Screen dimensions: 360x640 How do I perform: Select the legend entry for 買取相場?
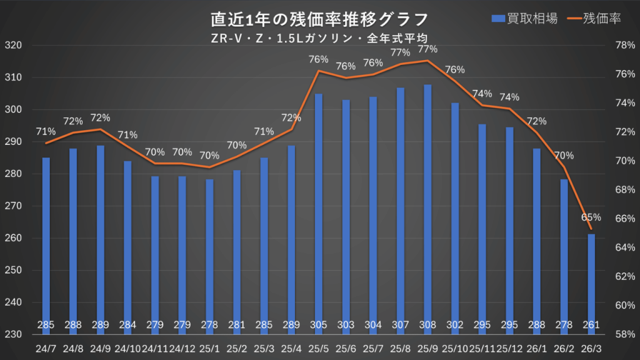pyautogui.click(x=524, y=19)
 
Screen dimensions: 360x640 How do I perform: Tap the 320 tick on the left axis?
pyautogui.click(x=13, y=46)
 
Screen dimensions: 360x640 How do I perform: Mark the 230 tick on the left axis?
pyautogui.click(x=13, y=334)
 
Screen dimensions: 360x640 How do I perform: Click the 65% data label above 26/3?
pyautogui.click(x=591, y=217)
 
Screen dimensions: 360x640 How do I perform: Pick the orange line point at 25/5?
pyautogui.click(x=319, y=71)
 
